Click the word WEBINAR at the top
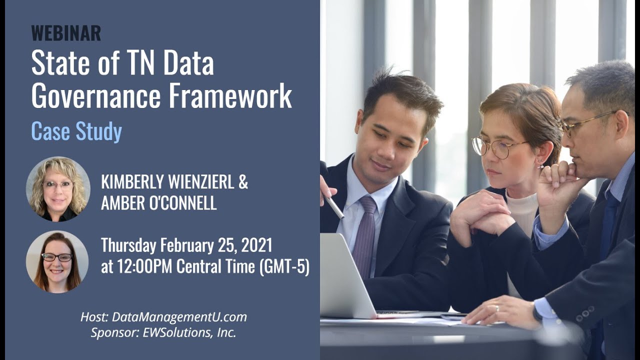coord(66,33)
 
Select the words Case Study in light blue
coord(76,131)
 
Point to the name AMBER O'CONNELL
coord(158,203)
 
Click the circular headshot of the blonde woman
coord(58,189)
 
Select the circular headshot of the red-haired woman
coord(57,261)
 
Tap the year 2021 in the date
coord(255,245)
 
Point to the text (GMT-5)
coord(284,267)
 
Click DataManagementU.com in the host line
coord(179,317)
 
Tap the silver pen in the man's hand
coord(334,205)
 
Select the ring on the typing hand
coord(496,308)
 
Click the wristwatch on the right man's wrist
coord(536,313)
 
